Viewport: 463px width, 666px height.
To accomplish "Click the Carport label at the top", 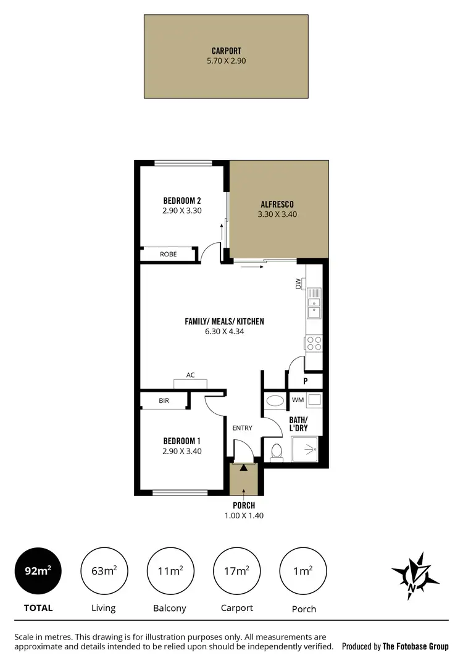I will click(x=225, y=52).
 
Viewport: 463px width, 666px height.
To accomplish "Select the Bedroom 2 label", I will click(x=182, y=200).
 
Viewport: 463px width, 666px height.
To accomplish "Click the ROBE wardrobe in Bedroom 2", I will click(x=168, y=254).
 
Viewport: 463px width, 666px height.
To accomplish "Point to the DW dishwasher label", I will click(x=298, y=284).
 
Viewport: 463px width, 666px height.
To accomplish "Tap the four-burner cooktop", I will click(x=314, y=343).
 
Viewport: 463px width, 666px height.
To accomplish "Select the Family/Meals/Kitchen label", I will click(x=224, y=321).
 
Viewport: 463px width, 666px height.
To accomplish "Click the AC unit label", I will click(x=191, y=375).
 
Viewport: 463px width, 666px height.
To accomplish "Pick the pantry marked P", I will click(x=305, y=381).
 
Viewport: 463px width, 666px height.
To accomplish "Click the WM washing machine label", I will click(x=298, y=400).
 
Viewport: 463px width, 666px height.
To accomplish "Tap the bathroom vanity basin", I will click(x=273, y=401).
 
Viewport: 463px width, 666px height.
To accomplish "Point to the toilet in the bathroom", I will click(x=276, y=452).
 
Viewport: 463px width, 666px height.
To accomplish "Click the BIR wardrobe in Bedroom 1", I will click(x=164, y=401).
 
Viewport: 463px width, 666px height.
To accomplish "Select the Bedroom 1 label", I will click(x=181, y=441).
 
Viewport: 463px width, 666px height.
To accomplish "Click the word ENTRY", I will click(x=242, y=428).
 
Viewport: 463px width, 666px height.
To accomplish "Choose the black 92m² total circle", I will click(x=37, y=571).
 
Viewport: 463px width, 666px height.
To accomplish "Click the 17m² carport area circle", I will click(x=237, y=571).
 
